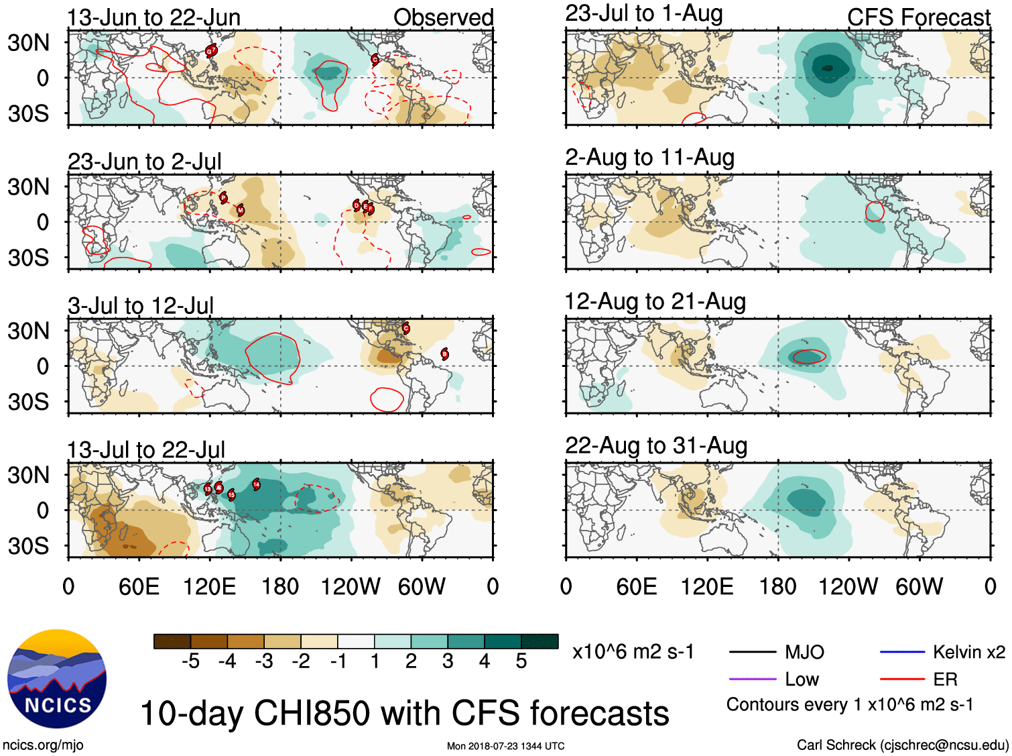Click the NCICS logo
[57, 679]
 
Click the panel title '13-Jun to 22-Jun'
[153, 17]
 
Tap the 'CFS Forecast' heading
[918, 17]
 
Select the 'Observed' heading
[443, 17]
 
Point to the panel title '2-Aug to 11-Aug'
[649, 158]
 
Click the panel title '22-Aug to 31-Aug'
[656, 445]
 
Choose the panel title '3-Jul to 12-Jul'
[141, 306]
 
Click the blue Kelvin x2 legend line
[902, 652]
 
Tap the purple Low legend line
[753, 680]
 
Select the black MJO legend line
[753, 652]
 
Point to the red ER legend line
[902, 680]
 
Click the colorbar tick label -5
[190, 662]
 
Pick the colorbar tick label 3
[448, 662]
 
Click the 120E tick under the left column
[209, 587]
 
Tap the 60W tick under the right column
[919, 587]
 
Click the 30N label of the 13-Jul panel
[28, 476]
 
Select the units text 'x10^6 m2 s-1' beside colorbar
[633, 652]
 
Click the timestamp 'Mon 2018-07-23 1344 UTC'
[505, 746]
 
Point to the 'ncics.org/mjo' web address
[43, 745]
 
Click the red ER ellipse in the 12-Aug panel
[809, 357]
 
